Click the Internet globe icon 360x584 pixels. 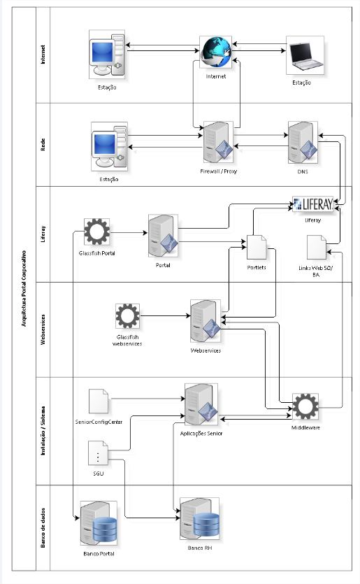(216, 52)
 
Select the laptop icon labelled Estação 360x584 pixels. (305, 55)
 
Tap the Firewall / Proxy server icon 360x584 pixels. (218, 142)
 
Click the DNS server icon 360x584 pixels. (303, 142)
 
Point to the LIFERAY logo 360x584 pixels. (312, 204)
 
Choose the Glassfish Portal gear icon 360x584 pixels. (96, 232)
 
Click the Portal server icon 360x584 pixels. (163, 236)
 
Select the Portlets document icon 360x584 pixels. (257, 248)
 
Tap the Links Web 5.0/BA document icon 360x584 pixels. (317, 248)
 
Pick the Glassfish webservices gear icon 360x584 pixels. (128, 316)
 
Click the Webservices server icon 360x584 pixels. (206, 321)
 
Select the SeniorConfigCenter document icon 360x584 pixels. (99, 401)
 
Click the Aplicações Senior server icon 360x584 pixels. (201, 404)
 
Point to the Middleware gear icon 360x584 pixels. (305, 406)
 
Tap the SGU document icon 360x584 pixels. (98, 453)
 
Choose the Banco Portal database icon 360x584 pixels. (99, 523)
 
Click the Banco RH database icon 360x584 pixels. (199, 518)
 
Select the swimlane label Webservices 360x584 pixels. (43, 329)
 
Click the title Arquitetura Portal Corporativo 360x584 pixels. (24, 289)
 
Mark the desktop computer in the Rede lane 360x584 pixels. (110, 146)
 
